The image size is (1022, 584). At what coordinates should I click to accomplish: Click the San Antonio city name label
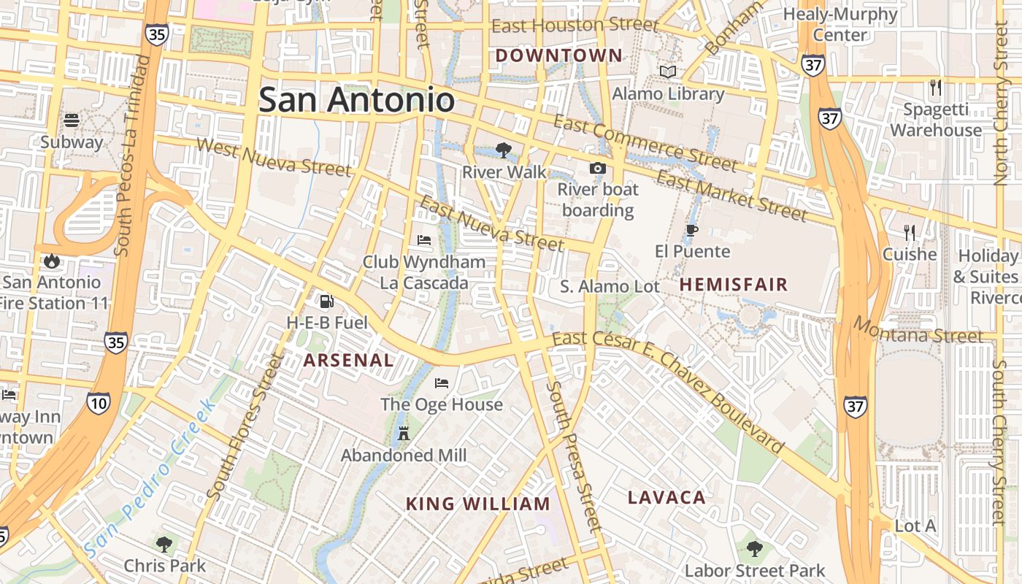[356, 99]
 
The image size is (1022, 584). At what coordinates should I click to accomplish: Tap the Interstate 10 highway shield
[98, 402]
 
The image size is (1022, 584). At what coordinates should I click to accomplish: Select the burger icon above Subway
[72, 120]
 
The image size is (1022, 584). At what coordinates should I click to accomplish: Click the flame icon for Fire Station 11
[51, 261]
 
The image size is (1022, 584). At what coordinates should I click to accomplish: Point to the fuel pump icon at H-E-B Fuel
[326, 301]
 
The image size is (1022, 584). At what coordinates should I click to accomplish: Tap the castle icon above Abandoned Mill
[403, 434]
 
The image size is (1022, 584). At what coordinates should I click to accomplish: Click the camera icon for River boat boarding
[598, 169]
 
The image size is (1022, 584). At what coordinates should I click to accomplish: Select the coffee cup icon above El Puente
[691, 231]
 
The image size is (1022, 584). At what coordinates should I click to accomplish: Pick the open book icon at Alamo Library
[668, 72]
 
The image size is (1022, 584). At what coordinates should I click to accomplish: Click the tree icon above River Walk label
[503, 150]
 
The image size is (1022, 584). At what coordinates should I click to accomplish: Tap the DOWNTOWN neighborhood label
[559, 55]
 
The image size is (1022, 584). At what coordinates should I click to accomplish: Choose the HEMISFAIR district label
[734, 285]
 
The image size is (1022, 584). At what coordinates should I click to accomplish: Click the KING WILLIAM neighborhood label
[477, 504]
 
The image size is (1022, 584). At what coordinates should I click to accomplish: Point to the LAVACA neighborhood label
[666, 498]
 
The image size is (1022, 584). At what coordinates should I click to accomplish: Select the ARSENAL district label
[348, 360]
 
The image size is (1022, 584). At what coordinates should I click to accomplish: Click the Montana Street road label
[918, 331]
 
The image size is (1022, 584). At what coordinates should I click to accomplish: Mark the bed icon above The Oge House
[442, 383]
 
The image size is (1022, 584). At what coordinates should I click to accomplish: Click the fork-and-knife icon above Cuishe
[909, 232]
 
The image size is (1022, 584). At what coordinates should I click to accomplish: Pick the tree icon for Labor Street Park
[755, 548]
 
